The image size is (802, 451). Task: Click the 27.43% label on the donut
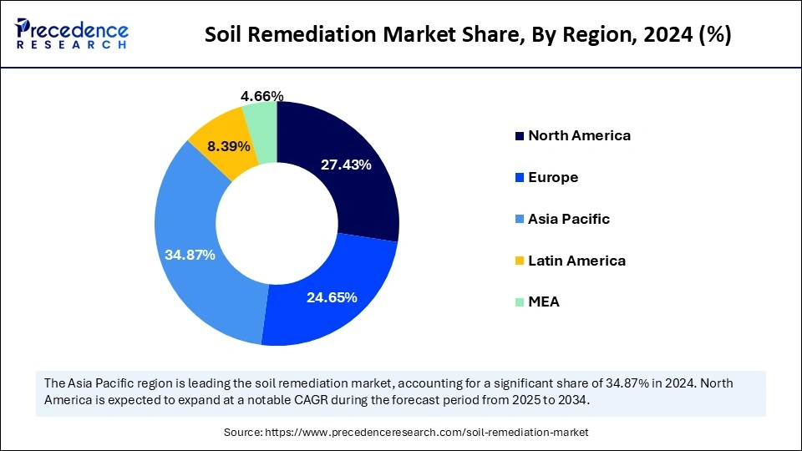tap(346, 165)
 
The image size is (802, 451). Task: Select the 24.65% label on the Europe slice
tap(332, 296)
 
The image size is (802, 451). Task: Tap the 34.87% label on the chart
tap(190, 255)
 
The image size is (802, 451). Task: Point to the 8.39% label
tap(228, 146)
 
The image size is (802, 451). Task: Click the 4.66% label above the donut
tap(261, 96)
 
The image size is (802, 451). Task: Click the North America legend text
tap(579, 135)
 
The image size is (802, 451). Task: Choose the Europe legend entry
tap(553, 177)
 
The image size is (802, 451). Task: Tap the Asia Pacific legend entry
tap(569, 219)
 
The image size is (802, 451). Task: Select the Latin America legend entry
tap(576, 261)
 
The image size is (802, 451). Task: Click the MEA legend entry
tap(544, 302)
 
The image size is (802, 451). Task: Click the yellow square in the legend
tap(520, 261)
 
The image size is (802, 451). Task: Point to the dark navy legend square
tap(520, 135)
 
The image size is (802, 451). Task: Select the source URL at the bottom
tap(427, 433)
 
